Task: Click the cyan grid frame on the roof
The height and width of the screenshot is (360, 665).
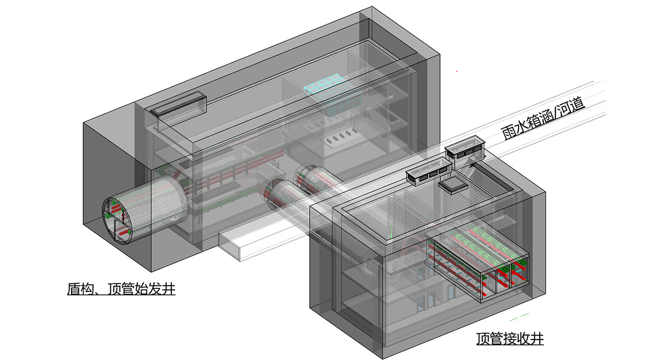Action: click(x=326, y=84)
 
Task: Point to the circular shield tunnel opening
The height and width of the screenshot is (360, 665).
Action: click(x=118, y=220)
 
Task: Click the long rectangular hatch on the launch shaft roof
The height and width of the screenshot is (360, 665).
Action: click(x=178, y=104)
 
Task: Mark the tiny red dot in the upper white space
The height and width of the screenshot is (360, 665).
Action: click(x=457, y=71)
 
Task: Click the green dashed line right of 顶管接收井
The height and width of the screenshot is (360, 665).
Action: click(x=519, y=317)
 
